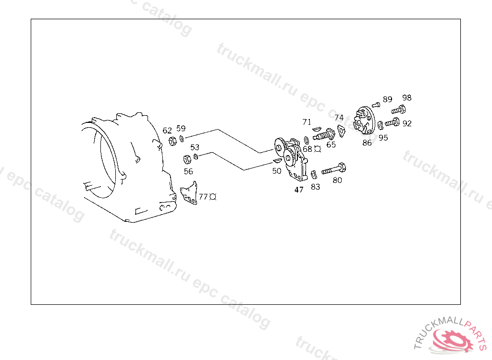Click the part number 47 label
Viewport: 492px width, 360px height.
[x=299, y=190]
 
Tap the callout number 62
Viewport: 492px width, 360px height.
[x=167, y=131]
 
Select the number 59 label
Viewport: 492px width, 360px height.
[x=181, y=128]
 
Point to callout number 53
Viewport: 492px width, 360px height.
[x=195, y=147]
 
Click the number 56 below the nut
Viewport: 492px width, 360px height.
[x=188, y=171]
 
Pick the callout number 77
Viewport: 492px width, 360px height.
[x=203, y=197]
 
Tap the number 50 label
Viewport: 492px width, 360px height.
[x=276, y=171]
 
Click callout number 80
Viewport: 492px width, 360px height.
[x=337, y=180]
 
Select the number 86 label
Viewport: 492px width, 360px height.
[x=367, y=143]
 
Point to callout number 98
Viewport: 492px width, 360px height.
[x=406, y=98]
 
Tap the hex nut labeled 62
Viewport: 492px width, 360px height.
[x=172, y=141]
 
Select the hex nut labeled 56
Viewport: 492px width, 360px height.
[x=187, y=159]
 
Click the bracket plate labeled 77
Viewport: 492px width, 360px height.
[x=189, y=193]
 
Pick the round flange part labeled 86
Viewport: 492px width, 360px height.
[x=364, y=120]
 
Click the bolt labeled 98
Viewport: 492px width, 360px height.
[x=398, y=110]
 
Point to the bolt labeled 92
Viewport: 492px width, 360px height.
[x=392, y=122]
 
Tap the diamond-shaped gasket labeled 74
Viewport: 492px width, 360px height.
[x=341, y=131]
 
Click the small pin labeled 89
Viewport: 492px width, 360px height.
[x=376, y=105]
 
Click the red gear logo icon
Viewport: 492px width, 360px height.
[x=453, y=340]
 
